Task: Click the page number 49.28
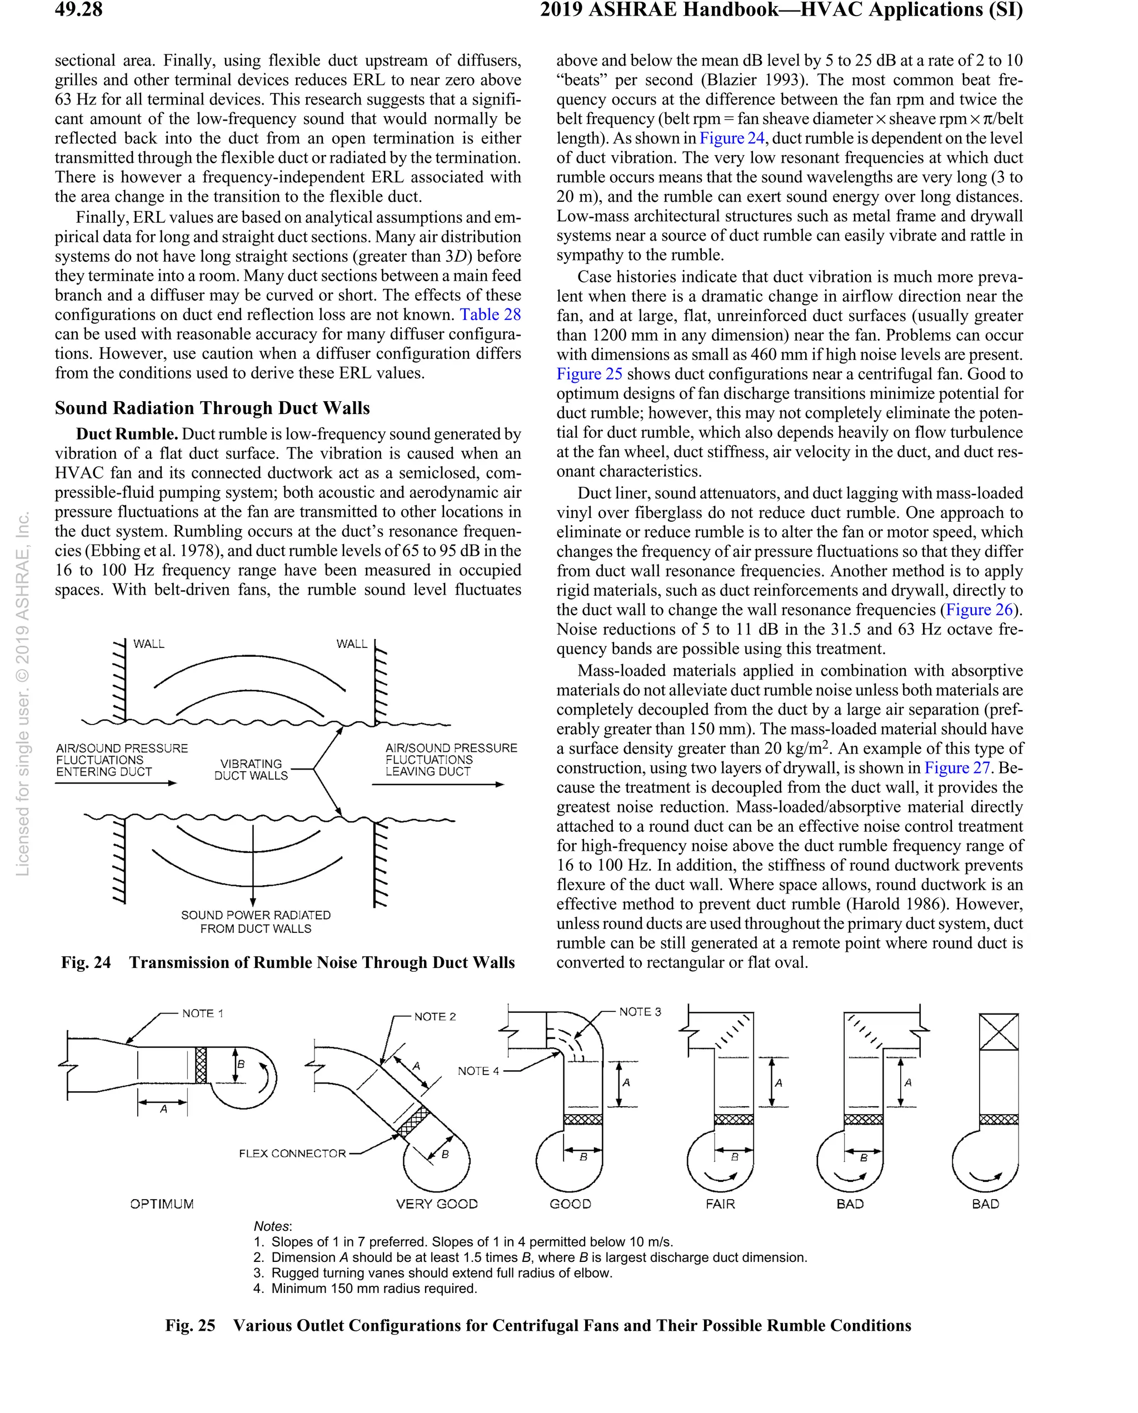tap(79, 10)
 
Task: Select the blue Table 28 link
tap(490, 314)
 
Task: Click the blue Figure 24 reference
tap(732, 138)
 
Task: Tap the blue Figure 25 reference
tap(588, 373)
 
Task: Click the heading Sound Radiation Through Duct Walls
tap(212, 408)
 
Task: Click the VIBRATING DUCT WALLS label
tap(251, 770)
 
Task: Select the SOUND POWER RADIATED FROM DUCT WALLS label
tap(256, 921)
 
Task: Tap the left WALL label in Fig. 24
tap(149, 644)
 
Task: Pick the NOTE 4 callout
tap(478, 1071)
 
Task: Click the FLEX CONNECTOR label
tap(292, 1154)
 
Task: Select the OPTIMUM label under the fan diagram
tap(162, 1204)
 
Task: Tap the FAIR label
tap(720, 1204)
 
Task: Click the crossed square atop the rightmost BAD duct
tap(999, 1032)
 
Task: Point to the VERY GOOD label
tap(437, 1204)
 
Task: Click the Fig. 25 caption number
tap(190, 1326)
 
